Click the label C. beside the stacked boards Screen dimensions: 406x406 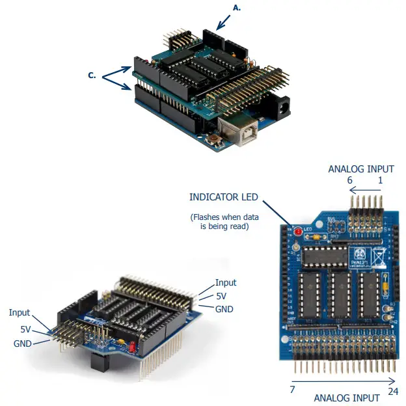(92, 75)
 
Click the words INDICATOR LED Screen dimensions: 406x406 (224, 196)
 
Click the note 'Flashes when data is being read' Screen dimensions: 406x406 (224, 221)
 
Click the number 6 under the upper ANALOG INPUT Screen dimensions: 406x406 (349, 180)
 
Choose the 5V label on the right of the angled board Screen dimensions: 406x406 (223, 296)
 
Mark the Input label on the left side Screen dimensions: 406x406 (20, 313)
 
